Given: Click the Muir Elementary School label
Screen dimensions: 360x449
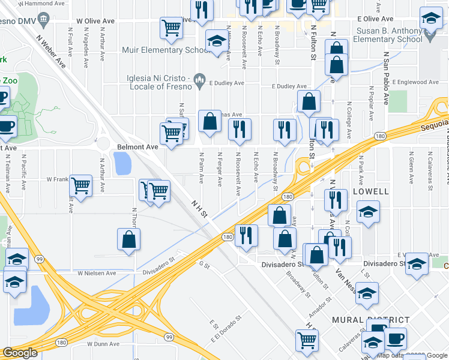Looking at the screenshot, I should pyautogui.click(x=161, y=50).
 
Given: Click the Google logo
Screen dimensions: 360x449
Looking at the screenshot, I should pyautogui.click(x=20, y=353).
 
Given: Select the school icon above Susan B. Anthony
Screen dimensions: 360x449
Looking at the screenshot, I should pyautogui.click(x=430, y=19).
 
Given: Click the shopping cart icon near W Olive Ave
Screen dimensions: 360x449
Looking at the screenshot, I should pyautogui.click(x=172, y=28).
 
